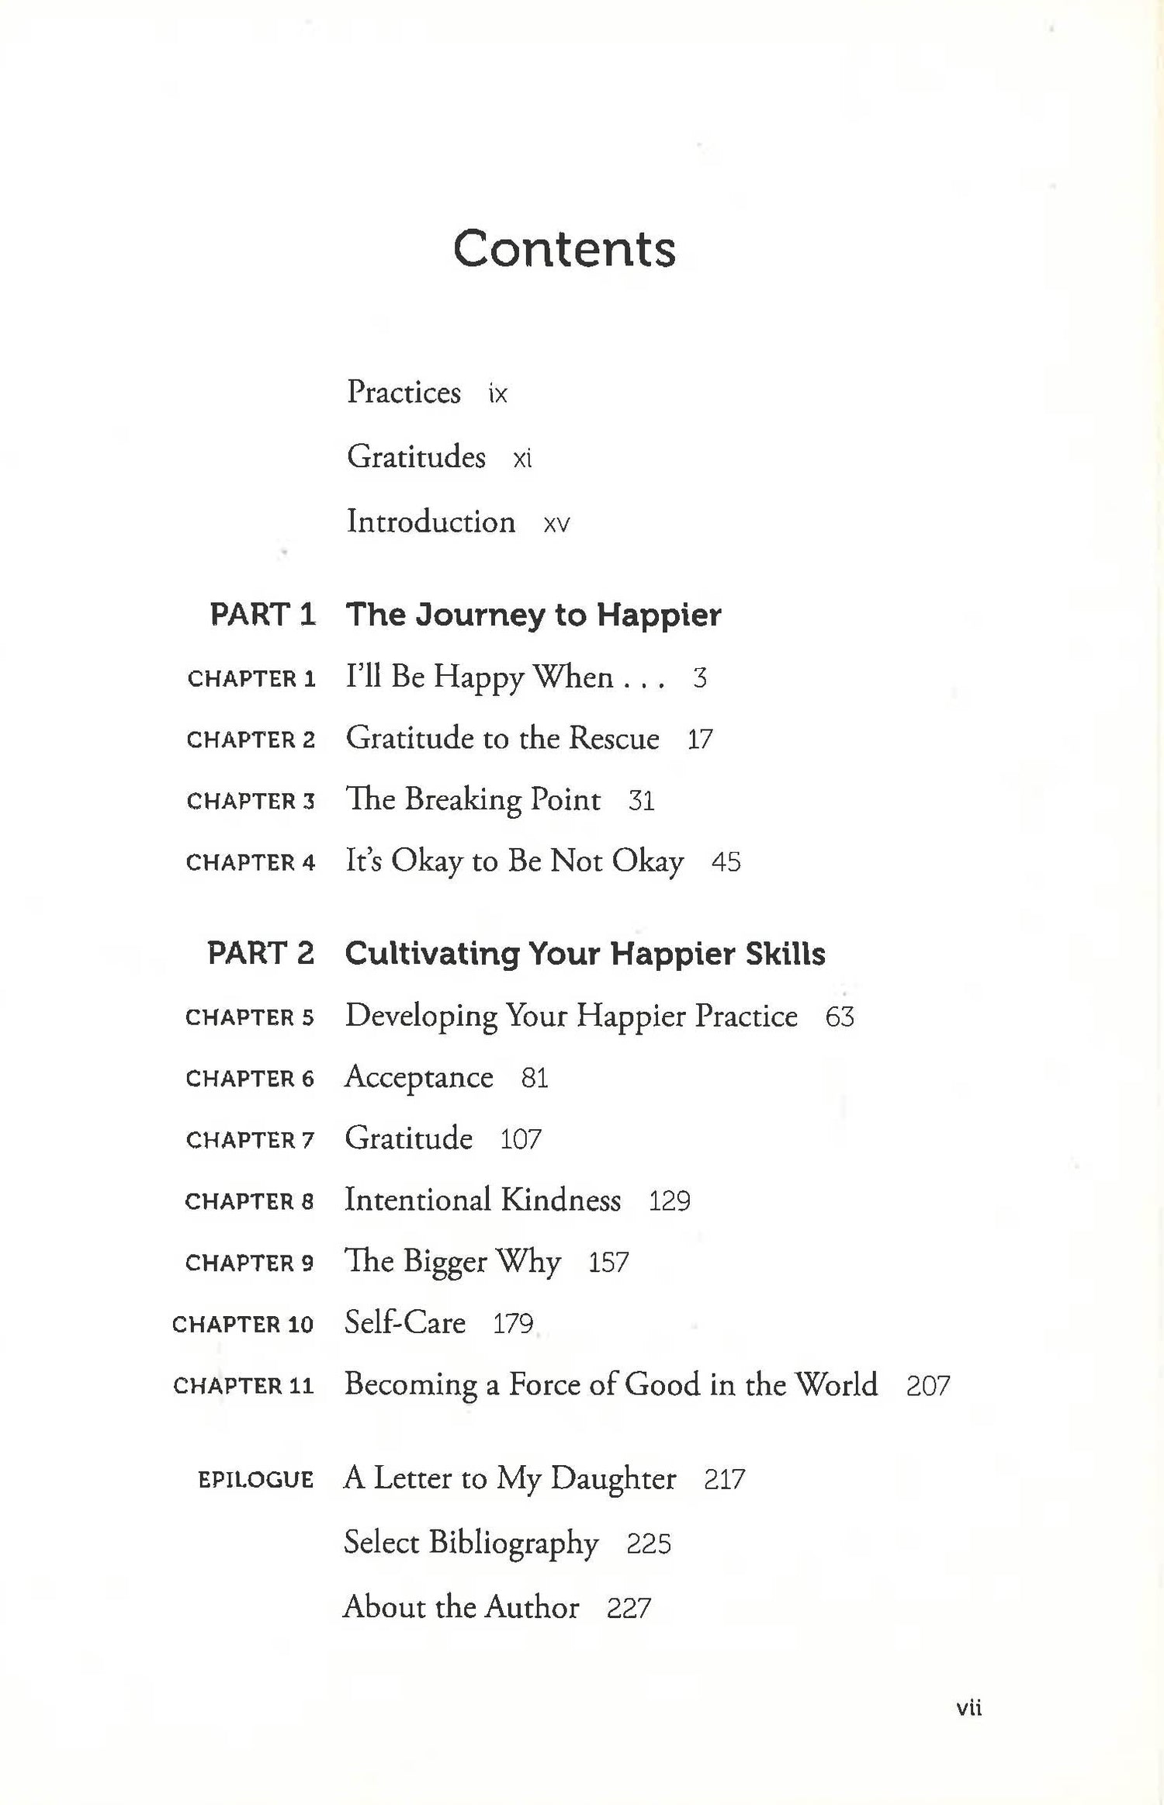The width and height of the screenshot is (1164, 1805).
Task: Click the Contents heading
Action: point(564,249)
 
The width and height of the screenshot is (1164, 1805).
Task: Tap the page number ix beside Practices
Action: point(497,394)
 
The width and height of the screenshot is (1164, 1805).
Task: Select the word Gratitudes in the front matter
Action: point(416,456)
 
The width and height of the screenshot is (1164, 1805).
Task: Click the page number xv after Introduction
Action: point(556,524)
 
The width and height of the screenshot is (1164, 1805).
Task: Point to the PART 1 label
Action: point(262,615)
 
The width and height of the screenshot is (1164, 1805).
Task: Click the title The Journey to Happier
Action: point(533,615)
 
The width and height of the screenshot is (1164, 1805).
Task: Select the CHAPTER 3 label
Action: point(251,801)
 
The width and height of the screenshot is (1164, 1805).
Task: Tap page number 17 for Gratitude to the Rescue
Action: point(699,740)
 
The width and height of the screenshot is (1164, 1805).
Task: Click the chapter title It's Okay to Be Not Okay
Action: point(514,861)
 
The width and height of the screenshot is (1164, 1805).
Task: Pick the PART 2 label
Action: point(261,953)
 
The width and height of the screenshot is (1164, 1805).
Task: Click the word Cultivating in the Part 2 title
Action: point(431,954)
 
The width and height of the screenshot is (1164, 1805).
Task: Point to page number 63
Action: point(840,1017)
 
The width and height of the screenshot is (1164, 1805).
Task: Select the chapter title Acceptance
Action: point(419,1077)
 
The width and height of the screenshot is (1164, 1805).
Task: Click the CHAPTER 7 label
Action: point(250,1140)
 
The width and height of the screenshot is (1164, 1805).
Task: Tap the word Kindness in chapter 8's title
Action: point(560,1200)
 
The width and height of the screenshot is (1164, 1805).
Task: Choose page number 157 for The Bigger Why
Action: point(608,1263)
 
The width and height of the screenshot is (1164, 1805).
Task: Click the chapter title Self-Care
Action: point(405,1322)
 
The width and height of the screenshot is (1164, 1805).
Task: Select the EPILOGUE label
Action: point(255,1480)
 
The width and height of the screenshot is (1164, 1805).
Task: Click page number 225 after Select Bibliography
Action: point(649,1544)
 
